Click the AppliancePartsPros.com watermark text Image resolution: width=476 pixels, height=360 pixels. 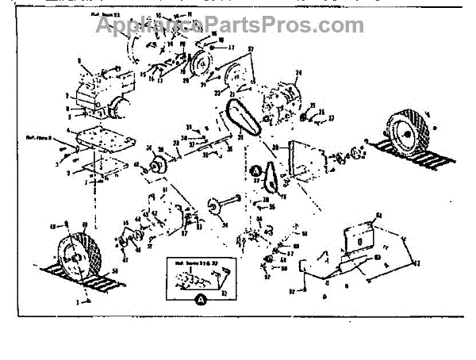pyautogui.click(x=230, y=25)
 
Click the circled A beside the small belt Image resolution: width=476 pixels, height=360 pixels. pyautogui.click(x=255, y=169)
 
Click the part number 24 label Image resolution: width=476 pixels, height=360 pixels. pyautogui.click(x=298, y=74)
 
